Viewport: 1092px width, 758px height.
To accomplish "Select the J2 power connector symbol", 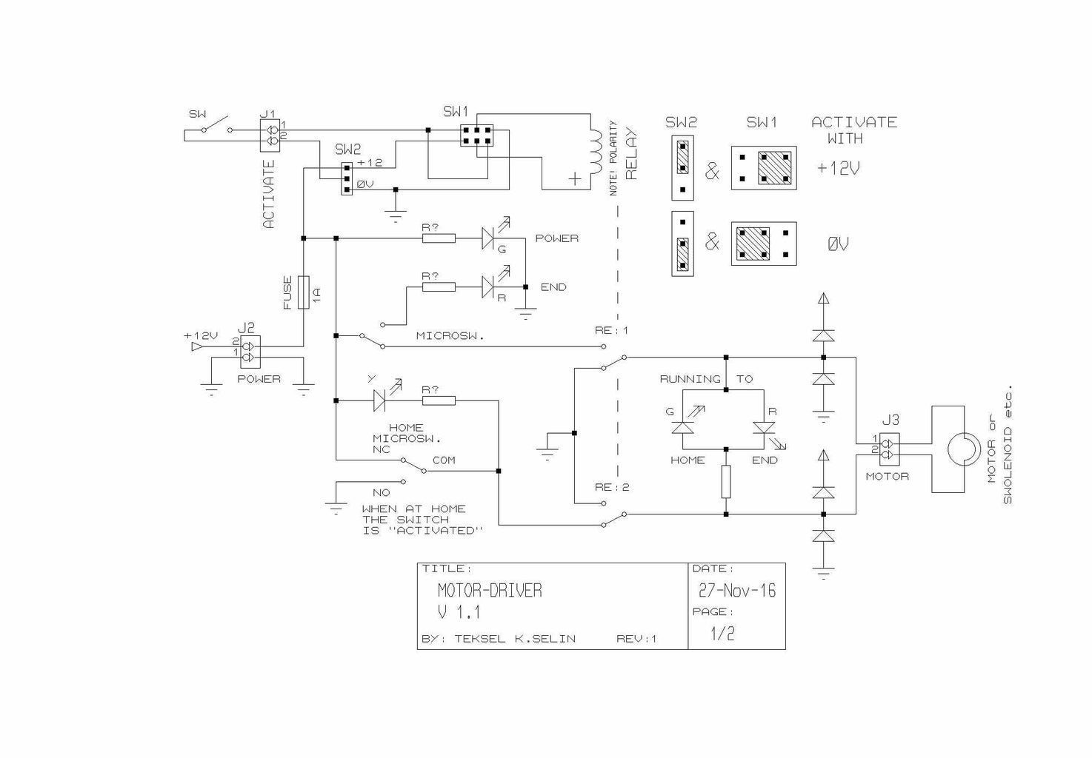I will [x=250, y=352].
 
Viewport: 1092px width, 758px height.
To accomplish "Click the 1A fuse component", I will [x=303, y=291].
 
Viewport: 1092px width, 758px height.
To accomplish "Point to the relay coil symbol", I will [x=596, y=152].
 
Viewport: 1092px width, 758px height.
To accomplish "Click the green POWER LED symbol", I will [x=489, y=238].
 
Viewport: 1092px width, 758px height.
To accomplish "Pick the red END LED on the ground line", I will [x=489, y=286].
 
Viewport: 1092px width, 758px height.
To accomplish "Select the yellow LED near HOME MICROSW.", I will [x=380, y=400].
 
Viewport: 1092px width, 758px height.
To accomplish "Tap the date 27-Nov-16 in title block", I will [x=736, y=590].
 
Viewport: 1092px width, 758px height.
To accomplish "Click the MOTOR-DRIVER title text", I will [x=490, y=590].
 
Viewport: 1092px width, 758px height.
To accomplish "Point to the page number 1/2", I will [x=722, y=634].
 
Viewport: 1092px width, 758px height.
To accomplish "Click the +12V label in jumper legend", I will [x=838, y=168].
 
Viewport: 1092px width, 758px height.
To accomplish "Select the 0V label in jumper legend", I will [x=838, y=244].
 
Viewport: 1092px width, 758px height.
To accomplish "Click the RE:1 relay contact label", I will [x=611, y=330].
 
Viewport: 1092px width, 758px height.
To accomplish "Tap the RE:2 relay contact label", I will [x=611, y=487].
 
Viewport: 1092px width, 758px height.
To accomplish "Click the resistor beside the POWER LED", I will [x=439, y=238].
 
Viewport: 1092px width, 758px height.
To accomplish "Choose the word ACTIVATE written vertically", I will [x=268, y=194].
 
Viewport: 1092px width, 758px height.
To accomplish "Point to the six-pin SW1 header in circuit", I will [x=476, y=135].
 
